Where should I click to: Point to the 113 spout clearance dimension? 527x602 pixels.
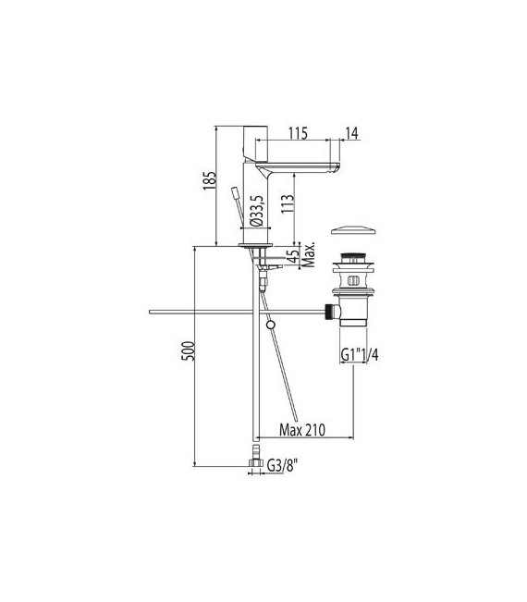pyautogui.click(x=288, y=198)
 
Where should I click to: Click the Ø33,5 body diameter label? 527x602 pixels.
pyautogui.click(x=261, y=213)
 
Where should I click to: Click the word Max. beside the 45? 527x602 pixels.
pyautogui.click(x=312, y=251)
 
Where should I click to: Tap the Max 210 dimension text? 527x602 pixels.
pyautogui.click(x=306, y=429)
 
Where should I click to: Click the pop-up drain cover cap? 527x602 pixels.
pyautogui.click(x=352, y=228)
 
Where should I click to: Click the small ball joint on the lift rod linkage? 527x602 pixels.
pyautogui.click(x=269, y=324)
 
